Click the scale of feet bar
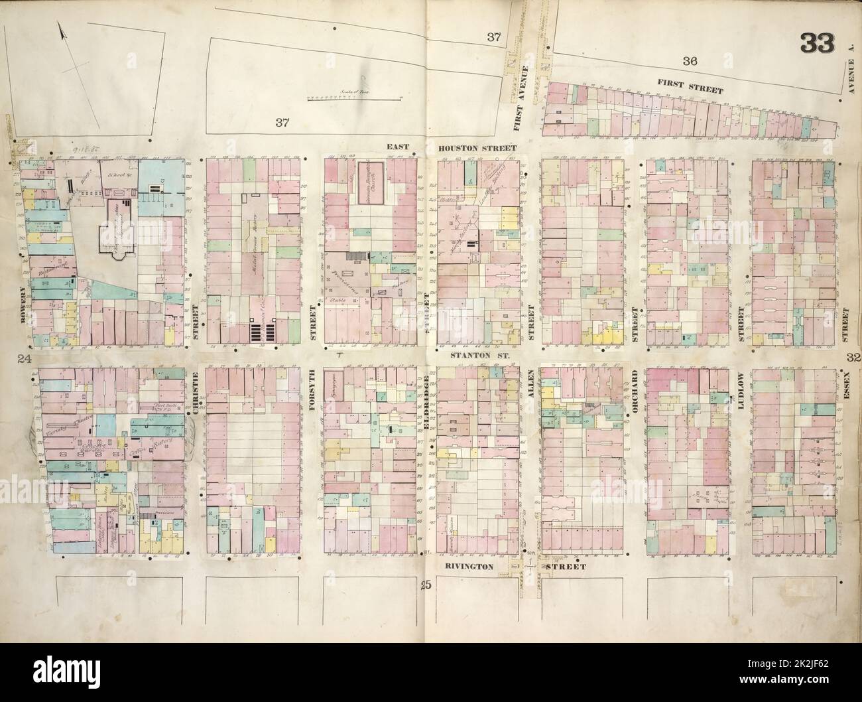[355, 98]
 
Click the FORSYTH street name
[310, 391]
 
